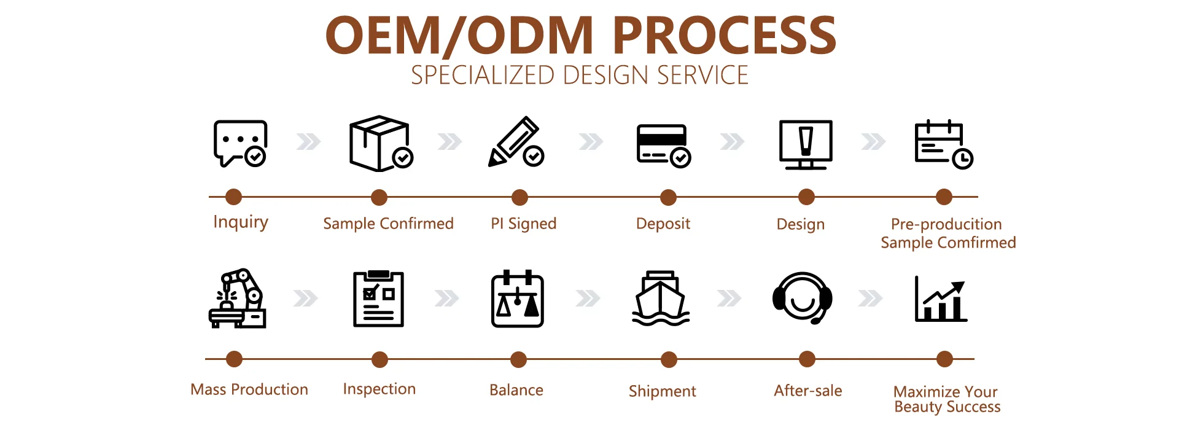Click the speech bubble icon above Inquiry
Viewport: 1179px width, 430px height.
[239, 143]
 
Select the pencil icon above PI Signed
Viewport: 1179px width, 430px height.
[515, 142]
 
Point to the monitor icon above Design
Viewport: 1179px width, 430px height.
[806, 144]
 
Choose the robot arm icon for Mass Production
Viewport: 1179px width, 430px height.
[238, 299]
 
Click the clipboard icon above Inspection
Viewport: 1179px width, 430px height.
[378, 299]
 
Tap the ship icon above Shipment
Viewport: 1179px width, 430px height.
[661, 299]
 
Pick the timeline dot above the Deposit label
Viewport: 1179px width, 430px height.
[668, 198]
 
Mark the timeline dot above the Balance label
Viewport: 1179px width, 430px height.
[519, 359]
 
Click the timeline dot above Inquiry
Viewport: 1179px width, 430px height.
[233, 197]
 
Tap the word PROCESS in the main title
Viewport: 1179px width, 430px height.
[725, 35]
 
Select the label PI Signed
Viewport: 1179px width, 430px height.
[523, 224]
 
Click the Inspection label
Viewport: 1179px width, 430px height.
[379, 389]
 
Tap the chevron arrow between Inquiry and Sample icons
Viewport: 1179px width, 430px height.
[308, 142]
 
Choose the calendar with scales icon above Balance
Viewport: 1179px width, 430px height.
[518, 299]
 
